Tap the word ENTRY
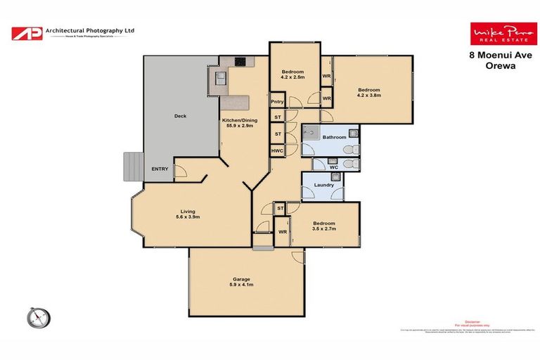(x=160, y=169)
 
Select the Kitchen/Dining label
(x=240, y=120)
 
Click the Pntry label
(x=277, y=102)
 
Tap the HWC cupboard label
(x=277, y=150)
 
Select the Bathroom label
(x=334, y=137)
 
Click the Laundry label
(x=323, y=186)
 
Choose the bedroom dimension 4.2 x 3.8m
(x=369, y=96)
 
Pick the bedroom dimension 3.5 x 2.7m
(x=324, y=229)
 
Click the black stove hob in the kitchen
(x=240, y=61)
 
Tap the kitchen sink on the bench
(x=219, y=77)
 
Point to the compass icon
(x=39, y=317)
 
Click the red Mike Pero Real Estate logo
(x=493, y=33)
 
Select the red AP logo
(x=26, y=33)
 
